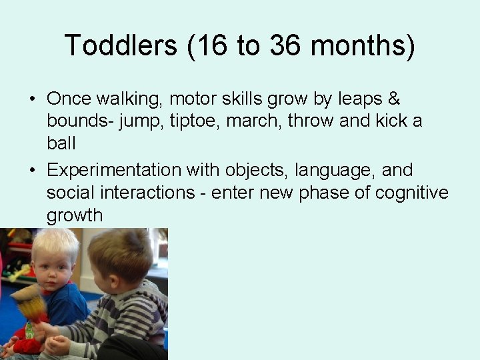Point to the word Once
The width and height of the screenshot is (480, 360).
[69, 99]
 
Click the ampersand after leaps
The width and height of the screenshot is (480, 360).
[394, 99]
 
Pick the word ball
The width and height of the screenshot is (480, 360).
[61, 144]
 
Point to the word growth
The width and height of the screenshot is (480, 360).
[75, 216]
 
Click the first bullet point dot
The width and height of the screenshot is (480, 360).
[32, 100]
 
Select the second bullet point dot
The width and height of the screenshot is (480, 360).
[32, 171]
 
